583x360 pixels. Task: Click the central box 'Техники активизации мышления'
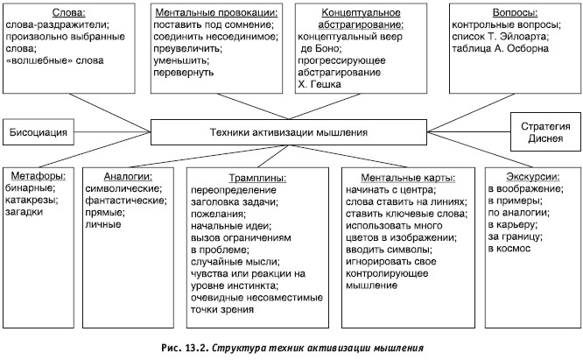289,132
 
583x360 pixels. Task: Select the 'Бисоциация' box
39,132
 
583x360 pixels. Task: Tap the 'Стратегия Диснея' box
545,132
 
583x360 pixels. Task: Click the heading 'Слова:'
69,12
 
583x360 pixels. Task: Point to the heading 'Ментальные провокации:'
216,12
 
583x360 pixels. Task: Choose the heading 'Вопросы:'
515,12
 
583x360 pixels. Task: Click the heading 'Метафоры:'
39,176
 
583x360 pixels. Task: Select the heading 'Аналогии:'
128,176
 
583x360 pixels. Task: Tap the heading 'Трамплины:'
257,178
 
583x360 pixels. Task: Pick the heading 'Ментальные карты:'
408,178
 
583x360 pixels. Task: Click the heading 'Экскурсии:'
533,176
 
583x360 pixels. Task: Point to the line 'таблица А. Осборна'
500,48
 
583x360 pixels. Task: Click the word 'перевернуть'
183,72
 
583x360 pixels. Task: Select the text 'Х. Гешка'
320,84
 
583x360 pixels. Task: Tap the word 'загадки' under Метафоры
24,212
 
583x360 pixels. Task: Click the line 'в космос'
509,249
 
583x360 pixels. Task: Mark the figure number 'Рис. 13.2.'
185,348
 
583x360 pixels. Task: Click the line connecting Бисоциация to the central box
112,131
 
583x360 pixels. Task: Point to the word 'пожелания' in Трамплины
217,215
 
